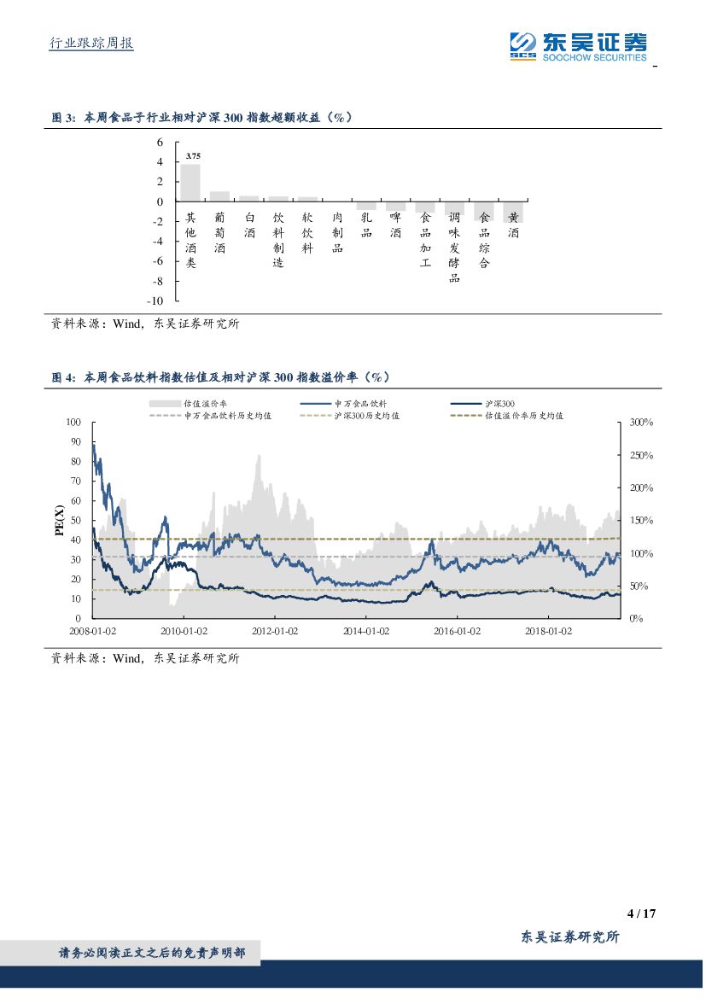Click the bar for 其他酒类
[x=190, y=183]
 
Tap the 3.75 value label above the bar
[x=193, y=156]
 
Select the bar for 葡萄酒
[x=219, y=196]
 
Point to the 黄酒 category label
[x=513, y=225]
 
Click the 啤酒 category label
[x=395, y=225]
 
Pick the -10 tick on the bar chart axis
[x=155, y=301]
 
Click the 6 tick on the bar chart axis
[x=159, y=142]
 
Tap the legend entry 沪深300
[x=499, y=403]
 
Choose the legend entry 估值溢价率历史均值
[x=524, y=416]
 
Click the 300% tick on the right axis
[x=640, y=423]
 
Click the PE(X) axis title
[x=59, y=520]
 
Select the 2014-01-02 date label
[x=365, y=631]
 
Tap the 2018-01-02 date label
[x=547, y=631]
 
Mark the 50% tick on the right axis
[x=638, y=587]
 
